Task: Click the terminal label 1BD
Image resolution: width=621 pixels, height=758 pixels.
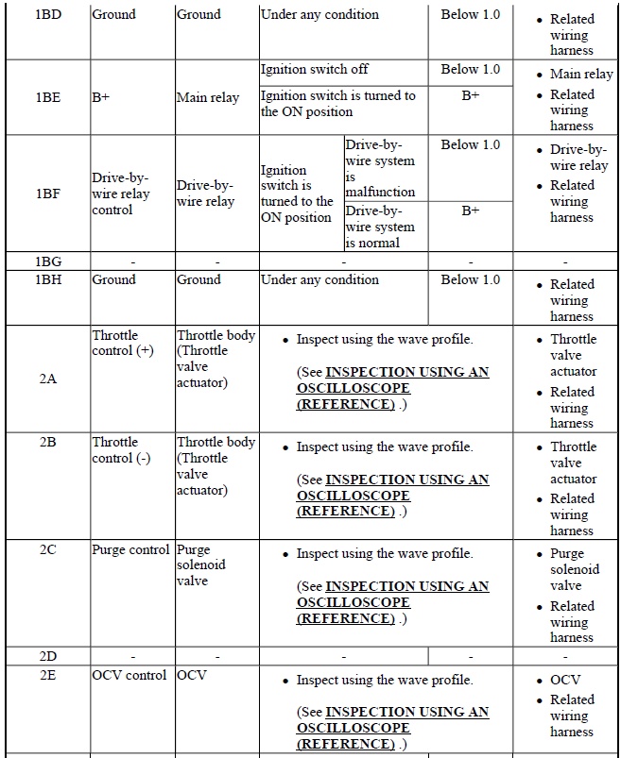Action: pyautogui.click(x=47, y=15)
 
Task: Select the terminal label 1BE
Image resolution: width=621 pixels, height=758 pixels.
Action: pyautogui.click(x=47, y=97)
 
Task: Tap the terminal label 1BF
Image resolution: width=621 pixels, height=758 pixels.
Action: pyautogui.click(x=47, y=194)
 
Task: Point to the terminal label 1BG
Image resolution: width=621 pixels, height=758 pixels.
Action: pyautogui.click(x=47, y=261)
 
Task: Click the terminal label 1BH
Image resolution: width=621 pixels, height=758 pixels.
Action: pyautogui.click(x=47, y=280)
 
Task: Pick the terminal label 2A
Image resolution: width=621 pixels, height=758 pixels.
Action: pyautogui.click(x=47, y=379)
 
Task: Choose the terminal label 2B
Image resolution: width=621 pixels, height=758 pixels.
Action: pyautogui.click(x=47, y=442)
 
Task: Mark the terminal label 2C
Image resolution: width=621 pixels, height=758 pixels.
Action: pyautogui.click(x=47, y=548)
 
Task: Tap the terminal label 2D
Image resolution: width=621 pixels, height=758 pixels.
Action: pyautogui.click(x=47, y=655)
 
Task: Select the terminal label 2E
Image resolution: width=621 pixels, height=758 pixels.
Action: pyautogui.click(x=47, y=675)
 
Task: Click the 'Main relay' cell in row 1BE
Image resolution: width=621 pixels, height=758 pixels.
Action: pyautogui.click(x=208, y=97)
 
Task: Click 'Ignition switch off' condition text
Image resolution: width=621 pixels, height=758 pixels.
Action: pyautogui.click(x=314, y=70)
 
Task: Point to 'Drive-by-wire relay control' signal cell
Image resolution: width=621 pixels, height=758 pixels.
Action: pyautogui.click(x=120, y=194)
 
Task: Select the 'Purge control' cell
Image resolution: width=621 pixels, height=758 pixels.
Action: pyautogui.click(x=130, y=549)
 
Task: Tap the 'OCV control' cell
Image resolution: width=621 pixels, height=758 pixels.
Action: pyautogui.click(x=130, y=675)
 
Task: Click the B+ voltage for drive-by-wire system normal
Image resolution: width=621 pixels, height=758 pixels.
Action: pyautogui.click(x=471, y=211)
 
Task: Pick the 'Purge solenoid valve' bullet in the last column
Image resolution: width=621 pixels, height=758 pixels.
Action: pyautogui.click(x=575, y=569)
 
